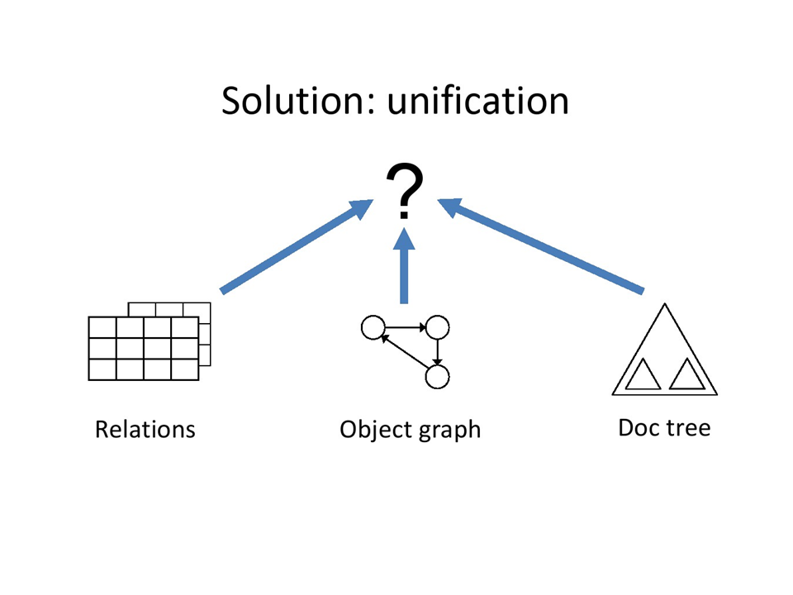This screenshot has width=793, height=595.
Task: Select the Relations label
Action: [x=145, y=430]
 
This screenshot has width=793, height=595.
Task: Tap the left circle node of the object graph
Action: [x=373, y=328]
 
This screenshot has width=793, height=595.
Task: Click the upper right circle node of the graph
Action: [x=437, y=328]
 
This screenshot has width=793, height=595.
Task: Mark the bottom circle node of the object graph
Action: [x=437, y=377]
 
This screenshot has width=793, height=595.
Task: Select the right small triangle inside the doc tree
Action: [x=686, y=377]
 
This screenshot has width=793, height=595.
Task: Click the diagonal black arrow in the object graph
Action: [x=404, y=352]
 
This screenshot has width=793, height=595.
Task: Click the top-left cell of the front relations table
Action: [x=102, y=328]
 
